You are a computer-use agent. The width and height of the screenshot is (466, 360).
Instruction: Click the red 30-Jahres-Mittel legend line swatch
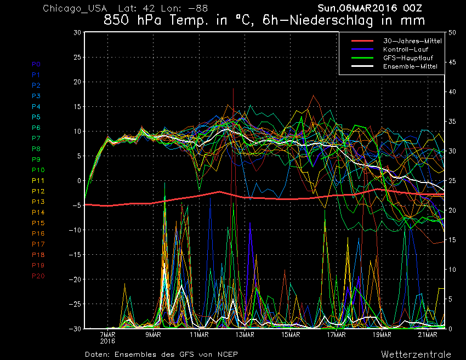(x=362, y=41)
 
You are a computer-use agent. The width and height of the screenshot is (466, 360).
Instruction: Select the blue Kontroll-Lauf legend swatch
(x=362, y=49)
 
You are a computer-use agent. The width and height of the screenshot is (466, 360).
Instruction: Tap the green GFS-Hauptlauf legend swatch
(x=362, y=58)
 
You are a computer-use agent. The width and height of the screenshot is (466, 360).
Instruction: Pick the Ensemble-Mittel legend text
(x=410, y=66)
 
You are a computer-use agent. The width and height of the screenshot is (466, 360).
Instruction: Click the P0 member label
(x=36, y=64)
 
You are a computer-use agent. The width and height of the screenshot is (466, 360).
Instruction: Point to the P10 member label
(x=38, y=170)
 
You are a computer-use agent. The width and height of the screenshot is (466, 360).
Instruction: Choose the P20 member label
(x=38, y=276)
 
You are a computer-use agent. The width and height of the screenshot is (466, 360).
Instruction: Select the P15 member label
(x=38, y=223)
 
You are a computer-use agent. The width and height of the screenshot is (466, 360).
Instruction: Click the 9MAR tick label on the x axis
(x=153, y=335)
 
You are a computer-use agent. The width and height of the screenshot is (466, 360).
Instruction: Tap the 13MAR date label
(x=245, y=335)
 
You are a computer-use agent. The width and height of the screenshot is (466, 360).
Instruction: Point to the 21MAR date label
(x=428, y=335)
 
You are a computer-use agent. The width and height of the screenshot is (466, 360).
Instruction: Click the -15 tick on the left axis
(x=75, y=255)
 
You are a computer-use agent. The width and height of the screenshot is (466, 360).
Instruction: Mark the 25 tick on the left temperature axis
(x=77, y=57)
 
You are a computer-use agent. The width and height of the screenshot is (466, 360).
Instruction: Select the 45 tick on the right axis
(x=452, y=62)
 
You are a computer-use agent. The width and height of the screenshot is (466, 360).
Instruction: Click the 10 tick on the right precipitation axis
(x=452, y=270)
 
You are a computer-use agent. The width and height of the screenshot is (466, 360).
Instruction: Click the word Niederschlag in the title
(x=331, y=20)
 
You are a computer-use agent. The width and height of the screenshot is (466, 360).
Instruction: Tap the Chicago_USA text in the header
(x=75, y=8)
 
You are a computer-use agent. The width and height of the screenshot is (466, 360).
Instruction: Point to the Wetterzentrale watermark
(x=416, y=354)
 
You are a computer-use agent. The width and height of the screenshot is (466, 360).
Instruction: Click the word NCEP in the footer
(x=228, y=354)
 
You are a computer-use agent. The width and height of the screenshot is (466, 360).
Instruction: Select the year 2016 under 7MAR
(x=107, y=341)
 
